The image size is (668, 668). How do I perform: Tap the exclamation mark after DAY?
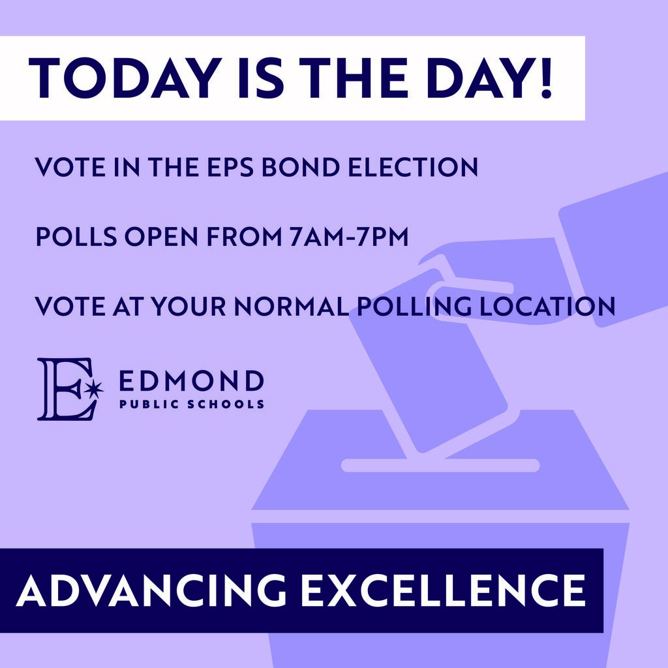click(545, 78)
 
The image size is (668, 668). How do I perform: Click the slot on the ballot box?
click(440, 465)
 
